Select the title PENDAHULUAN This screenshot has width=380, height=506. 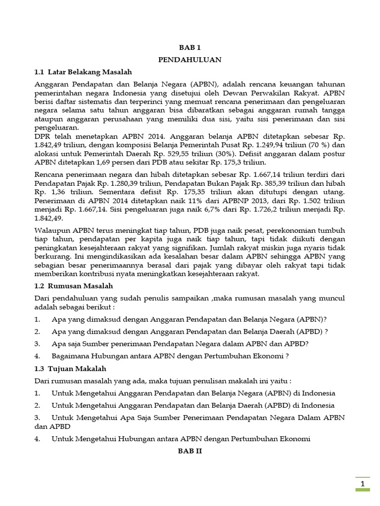pyautogui.click(x=190, y=59)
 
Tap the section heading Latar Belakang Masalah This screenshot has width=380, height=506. pyautogui.click(x=83, y=72)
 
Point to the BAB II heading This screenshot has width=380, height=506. pyautogui.click(x=190, y=451)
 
